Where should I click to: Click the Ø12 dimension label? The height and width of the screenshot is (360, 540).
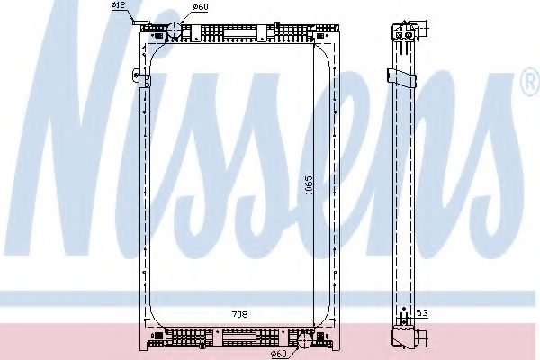(x=117, y=7)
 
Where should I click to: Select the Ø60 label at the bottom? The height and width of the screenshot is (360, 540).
(x=279, y=353)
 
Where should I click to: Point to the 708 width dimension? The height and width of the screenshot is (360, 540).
(x=239, y=314)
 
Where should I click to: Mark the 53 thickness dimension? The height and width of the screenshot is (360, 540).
(x=421, y=314)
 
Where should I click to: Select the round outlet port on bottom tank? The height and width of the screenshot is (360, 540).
(x=304, y=339)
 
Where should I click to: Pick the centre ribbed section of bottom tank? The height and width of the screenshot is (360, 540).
(x=238, y=338)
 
